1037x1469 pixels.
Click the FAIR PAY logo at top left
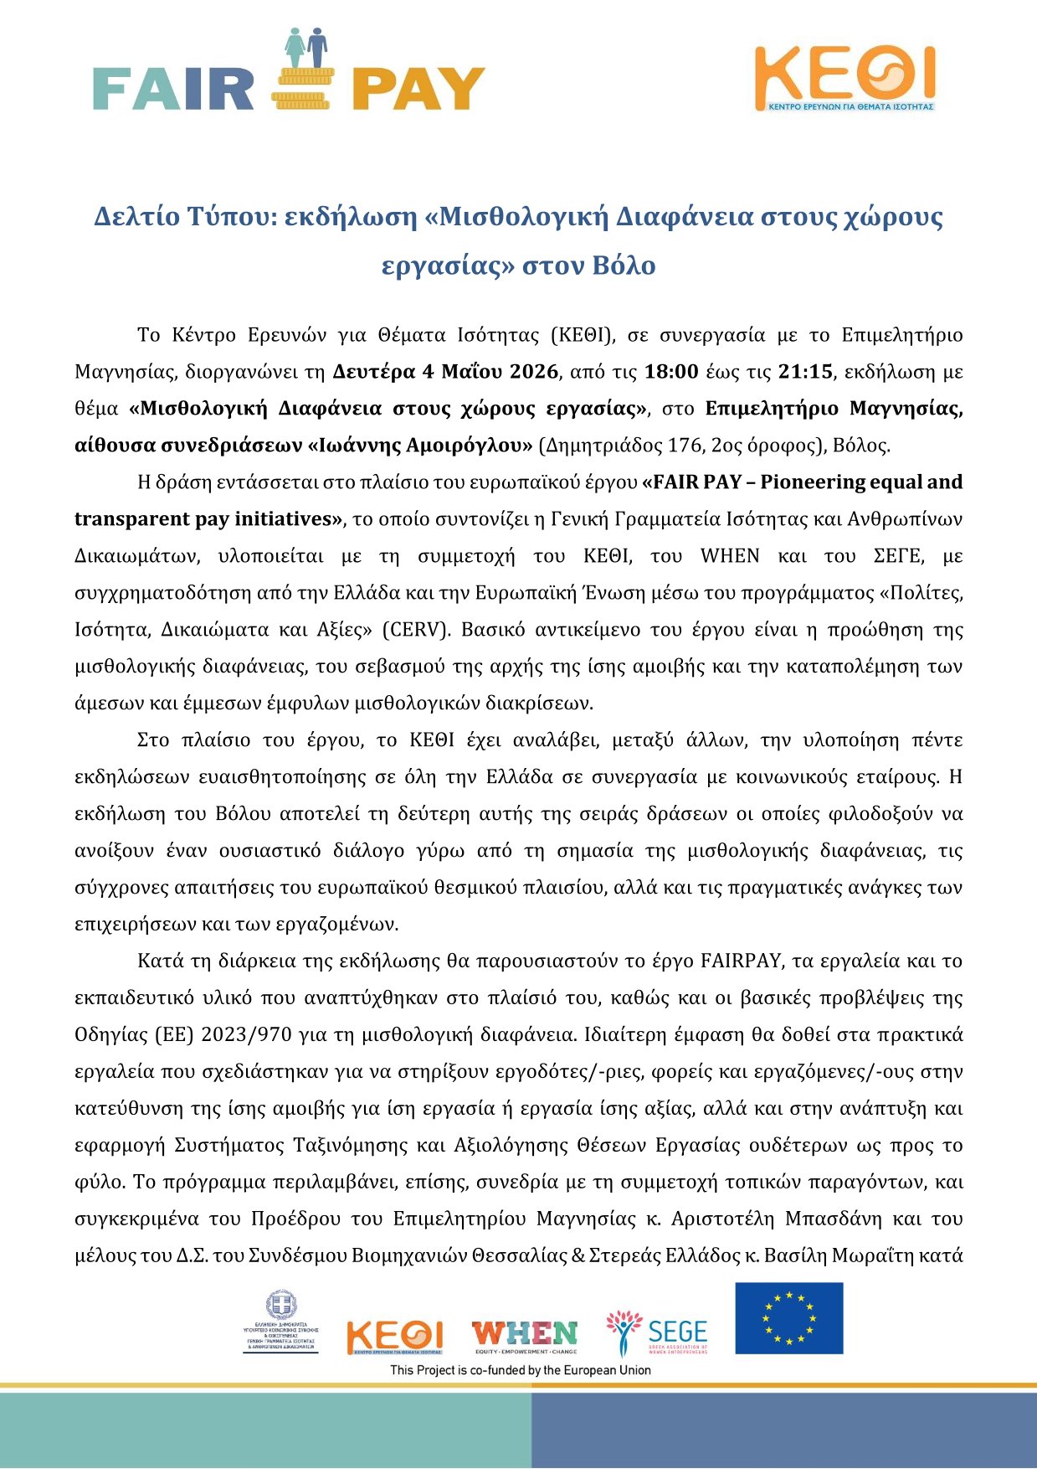tap(289, 71)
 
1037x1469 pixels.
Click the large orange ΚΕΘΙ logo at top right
tap(844, 77)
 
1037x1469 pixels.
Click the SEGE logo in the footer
tap(657, 1332)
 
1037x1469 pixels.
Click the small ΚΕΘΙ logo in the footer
tap(394, 1337)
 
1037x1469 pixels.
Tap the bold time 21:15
tap(805, 372)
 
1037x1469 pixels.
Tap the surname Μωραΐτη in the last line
tap(884, 1256)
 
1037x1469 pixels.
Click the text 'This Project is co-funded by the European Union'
tap(520, 1370)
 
